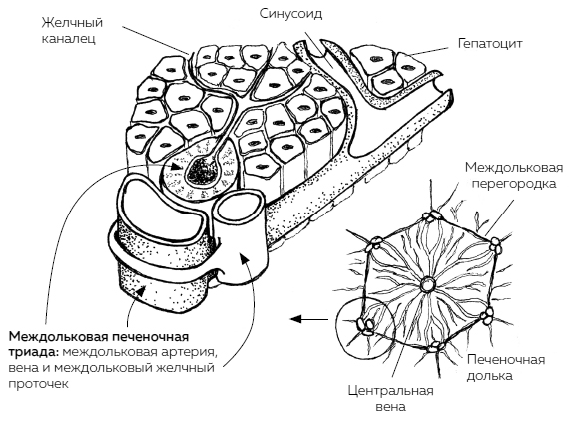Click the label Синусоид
tap(290, 15)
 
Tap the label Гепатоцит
tap(490, 43)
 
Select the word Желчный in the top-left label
tap(72, 23)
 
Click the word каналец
tap(68, 39)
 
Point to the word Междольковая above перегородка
tap(514, 167)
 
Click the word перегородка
tap(514, 183)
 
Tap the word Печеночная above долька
tap(506, 360)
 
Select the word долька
tap(489, 376)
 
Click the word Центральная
tap(390, 391)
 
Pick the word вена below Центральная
tap(390, 406)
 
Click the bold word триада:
tap(32, 352)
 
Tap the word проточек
tap(38, 384)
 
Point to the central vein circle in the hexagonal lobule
tap(427, 285)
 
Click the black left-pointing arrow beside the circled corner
tap(309, 319)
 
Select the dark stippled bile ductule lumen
tap(202, 171)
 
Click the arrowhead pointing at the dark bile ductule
tap(178, 167)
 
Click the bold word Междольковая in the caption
tap(57, 337)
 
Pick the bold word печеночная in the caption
tap(150, 337)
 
